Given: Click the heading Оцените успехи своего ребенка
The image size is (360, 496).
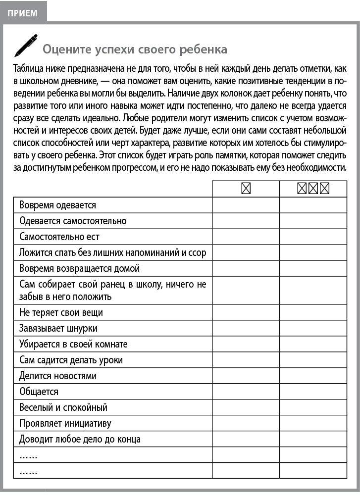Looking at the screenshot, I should coord(135,49).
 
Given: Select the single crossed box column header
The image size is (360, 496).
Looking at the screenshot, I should coord(246,189).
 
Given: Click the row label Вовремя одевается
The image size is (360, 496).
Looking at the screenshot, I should coord(57,205).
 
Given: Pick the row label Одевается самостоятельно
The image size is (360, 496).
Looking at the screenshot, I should coord(73,221).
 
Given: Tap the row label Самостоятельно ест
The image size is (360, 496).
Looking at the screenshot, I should coord(59,237).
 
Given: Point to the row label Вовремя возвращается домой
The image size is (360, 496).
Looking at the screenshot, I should coord(79,268).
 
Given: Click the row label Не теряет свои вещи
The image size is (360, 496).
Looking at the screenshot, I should coord(61,313).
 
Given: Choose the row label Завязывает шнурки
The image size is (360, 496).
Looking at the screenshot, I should coord(58,328).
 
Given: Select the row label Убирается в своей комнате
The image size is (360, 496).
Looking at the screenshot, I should coord(73,344).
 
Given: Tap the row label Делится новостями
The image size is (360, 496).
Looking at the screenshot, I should coord(58,376).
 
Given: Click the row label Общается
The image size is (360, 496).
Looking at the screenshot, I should coord(39,392).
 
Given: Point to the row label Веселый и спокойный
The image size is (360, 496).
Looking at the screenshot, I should coord(63,407).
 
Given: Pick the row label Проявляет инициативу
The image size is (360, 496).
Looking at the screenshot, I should coord(65,423).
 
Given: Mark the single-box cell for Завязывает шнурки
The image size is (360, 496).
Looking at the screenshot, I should coord(246,328).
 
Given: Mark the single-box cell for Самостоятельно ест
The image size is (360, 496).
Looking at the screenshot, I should coord(246,237).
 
